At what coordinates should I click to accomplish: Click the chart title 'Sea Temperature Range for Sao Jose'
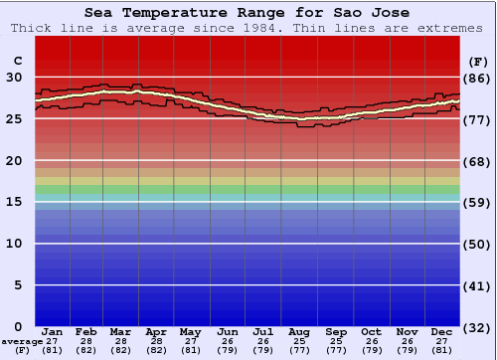(x=247, y=13)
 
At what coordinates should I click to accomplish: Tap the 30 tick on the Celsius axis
(x=15, y=78)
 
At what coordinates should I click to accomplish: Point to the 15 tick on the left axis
(x=15, y=202)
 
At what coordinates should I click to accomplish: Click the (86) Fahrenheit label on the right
(x=478, y=78)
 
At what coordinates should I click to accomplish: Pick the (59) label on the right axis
(x=478, y=202)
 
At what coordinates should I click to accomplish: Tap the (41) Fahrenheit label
(x=478, y=285)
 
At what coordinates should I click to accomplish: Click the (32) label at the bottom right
(x=478, y=327)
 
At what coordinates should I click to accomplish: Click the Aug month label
(x=299, y=331)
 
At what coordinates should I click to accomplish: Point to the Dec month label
(x=441, y=331)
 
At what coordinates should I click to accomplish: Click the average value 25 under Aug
(x=299, y=341)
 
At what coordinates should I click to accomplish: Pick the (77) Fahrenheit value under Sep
(x=335, y=350)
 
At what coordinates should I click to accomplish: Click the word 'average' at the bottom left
(x=22, y=341)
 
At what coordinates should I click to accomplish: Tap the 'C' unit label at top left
(x=16, y=61)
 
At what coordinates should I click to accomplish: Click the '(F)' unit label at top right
(x=478, y=61)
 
